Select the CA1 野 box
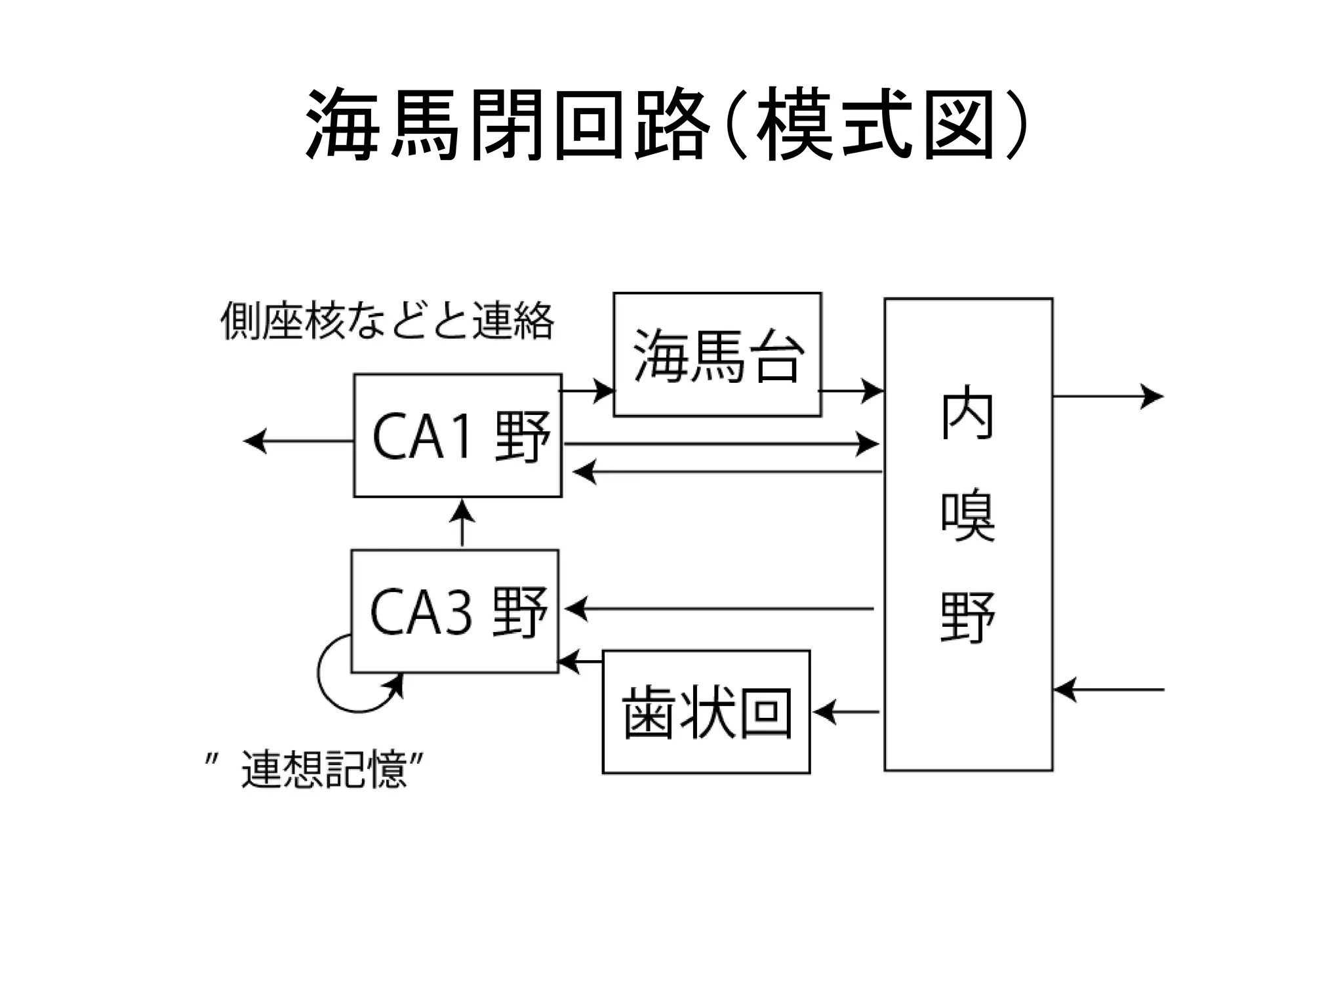tap(458, 436)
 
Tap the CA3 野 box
tap(455, 611)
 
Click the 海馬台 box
tap(717, 355)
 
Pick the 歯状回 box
tap(706, 712)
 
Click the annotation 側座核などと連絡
tap(387, 321)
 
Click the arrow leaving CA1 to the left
tap(298, 441)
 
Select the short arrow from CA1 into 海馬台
tap(587, 391)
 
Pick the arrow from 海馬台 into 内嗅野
tap(851, 391)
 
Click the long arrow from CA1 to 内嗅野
tap(721, 444)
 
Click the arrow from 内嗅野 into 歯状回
tap(846, 712)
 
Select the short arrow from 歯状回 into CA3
tap(580, 661)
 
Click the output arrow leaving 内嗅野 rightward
tap(1108, 396)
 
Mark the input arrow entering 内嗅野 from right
tap(1108, 690)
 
